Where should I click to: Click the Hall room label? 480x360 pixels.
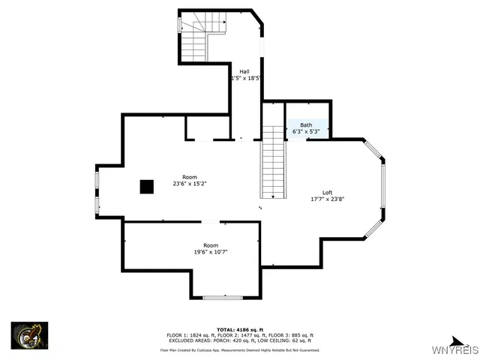(x=244, y=71)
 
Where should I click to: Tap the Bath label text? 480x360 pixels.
(x=306, y=125)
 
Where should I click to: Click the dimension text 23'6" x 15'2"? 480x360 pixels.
(x=189, y=183)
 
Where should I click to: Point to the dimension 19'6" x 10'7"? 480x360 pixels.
(x=211, y=253)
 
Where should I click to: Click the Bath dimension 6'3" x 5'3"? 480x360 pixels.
(x=306, y=131)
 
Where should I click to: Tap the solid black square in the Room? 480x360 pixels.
(x=146, y=187)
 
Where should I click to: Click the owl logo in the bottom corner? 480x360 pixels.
(x=29, y=335)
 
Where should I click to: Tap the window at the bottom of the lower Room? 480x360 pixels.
(x=223, y=298)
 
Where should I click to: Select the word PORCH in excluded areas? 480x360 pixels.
(x=221, y=340)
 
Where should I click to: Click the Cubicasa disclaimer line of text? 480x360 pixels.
(x=239, y=349)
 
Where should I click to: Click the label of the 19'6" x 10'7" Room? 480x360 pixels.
(x=211, y=246)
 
